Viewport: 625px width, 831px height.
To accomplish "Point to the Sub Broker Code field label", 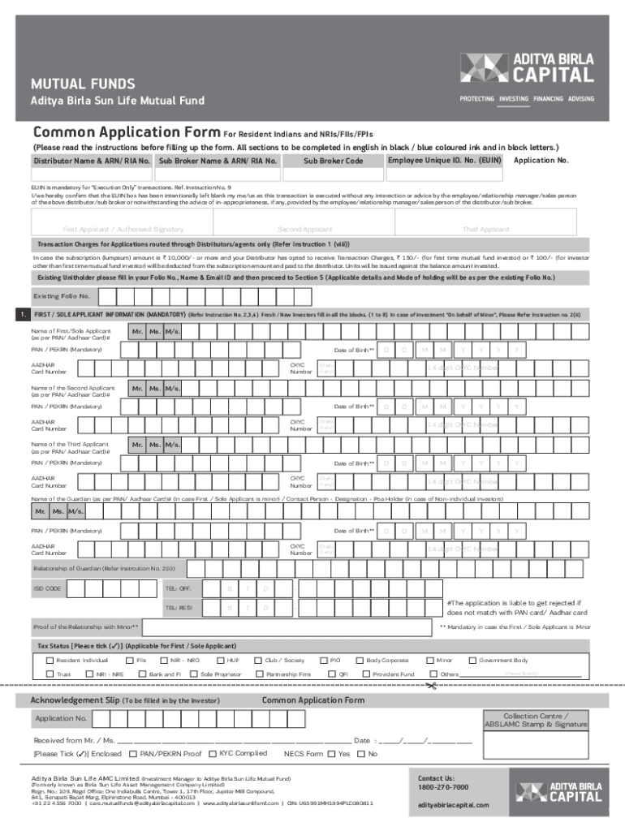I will (x=333, y=161).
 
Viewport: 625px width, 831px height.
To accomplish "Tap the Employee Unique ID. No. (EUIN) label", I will (x=444, y=161).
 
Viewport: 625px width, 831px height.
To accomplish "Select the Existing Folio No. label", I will (x=62, y=296).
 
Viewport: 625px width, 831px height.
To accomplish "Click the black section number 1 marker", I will (x=24, y=314).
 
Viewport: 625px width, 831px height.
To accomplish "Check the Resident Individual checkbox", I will (x=50, y=661).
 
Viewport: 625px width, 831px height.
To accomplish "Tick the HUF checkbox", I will (x=222, y=661).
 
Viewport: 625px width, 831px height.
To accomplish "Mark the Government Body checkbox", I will (x=472, y=661).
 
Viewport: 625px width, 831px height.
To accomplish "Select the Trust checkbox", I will (x=50, y=674).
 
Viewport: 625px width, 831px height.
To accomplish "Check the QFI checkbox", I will (x=332, y=674).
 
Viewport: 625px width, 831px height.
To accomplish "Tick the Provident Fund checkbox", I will (x=367, y=674).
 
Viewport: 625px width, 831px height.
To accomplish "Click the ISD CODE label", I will (x=46, y=588).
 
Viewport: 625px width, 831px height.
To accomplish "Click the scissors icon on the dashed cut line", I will (x=431, y=687).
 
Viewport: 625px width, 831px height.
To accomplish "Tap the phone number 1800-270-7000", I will (x=443, y=787).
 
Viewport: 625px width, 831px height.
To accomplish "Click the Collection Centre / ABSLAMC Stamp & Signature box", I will (x=536, y=721).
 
